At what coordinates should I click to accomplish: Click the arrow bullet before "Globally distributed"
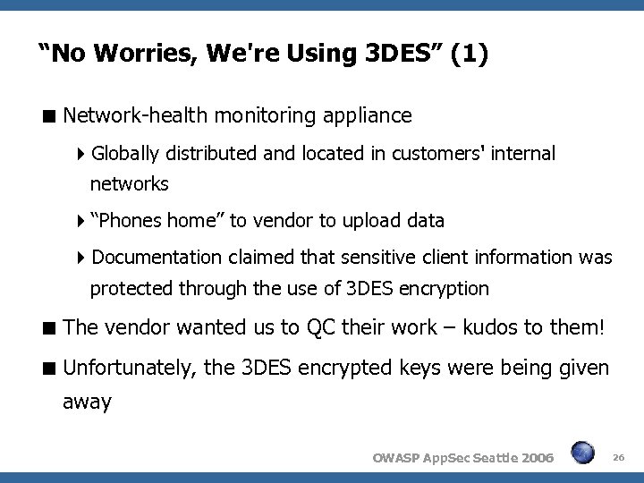point(82,155)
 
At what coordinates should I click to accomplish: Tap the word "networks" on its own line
point(129,184)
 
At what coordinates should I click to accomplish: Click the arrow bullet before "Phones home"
point(82,221)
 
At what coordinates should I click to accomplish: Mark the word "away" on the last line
point(87,402)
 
